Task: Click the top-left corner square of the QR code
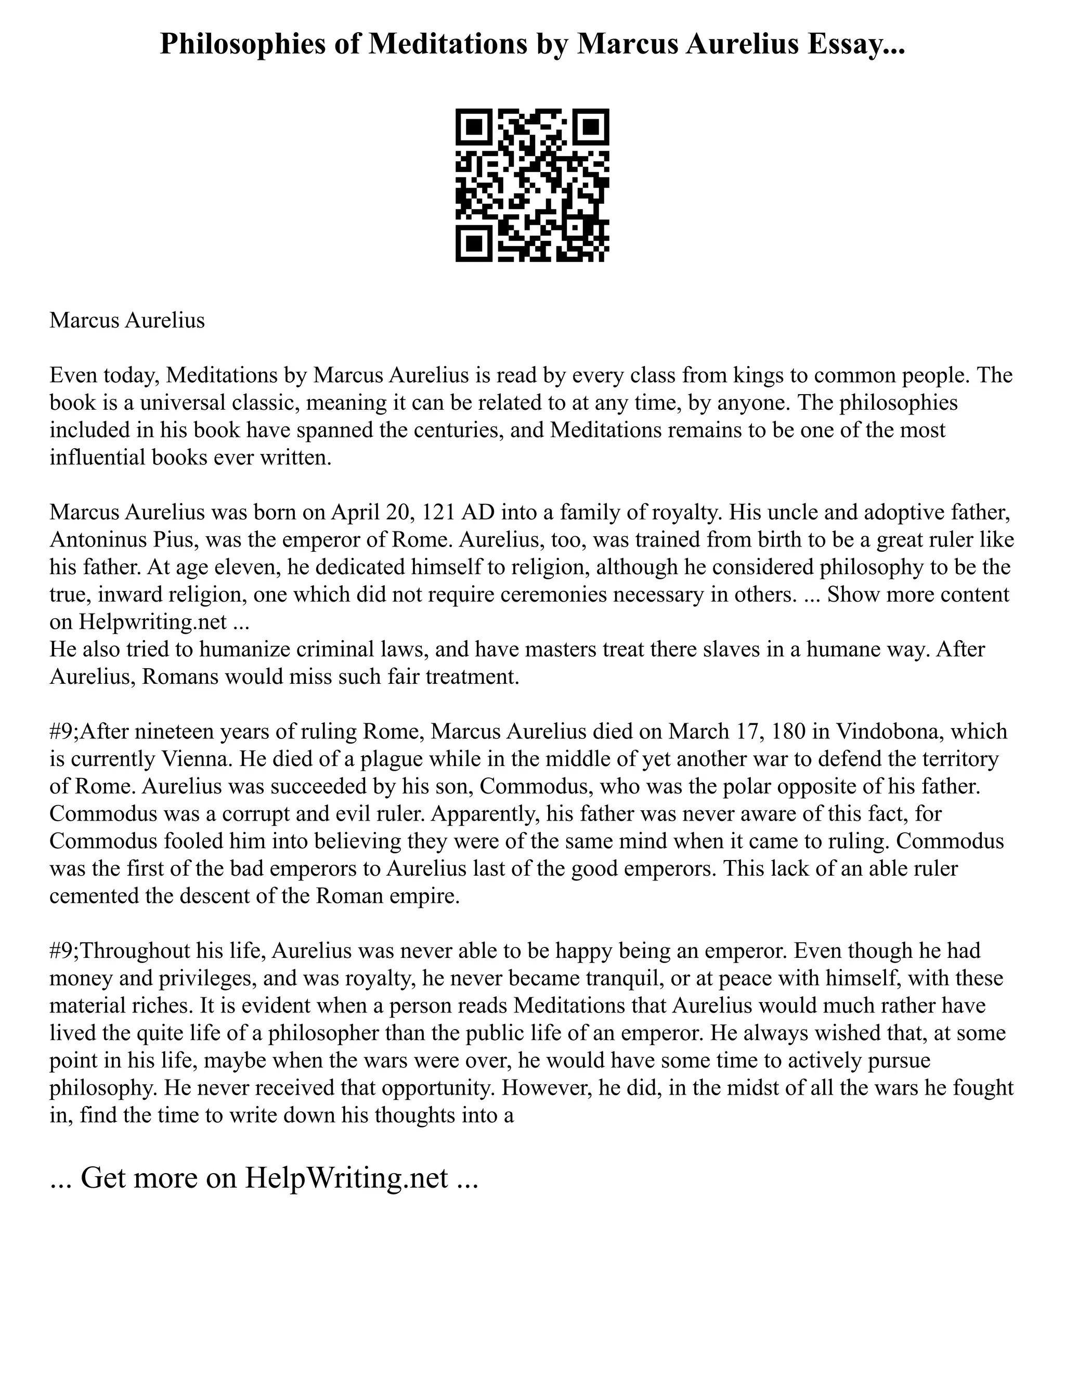pyautogui.click(x=473, y=126)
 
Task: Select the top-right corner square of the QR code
pyautogui.click(x=592, y=126)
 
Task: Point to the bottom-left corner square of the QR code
pyautogui.click(x=473, y=244)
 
